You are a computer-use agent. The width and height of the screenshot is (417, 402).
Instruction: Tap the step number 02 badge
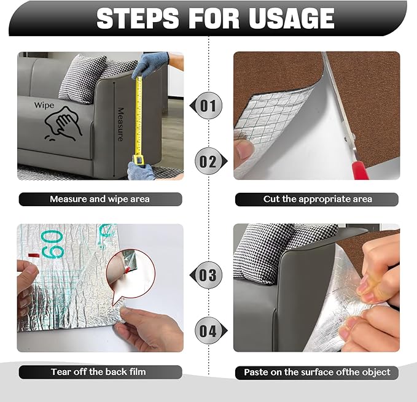(208, 162)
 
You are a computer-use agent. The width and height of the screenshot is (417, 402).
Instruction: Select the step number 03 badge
(208, 274)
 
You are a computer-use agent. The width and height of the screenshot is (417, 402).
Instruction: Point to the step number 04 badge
(208, 331)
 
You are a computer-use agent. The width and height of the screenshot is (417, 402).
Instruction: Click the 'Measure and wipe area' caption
(99, 199)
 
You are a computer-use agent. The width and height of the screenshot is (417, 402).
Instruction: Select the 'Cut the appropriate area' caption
(317, 199)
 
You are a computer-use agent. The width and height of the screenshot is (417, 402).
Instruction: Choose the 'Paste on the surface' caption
(317, 372)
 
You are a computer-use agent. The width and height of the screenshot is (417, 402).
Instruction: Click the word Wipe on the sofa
(44, 105)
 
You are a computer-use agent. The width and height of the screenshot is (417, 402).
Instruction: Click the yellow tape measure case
(139, 161)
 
